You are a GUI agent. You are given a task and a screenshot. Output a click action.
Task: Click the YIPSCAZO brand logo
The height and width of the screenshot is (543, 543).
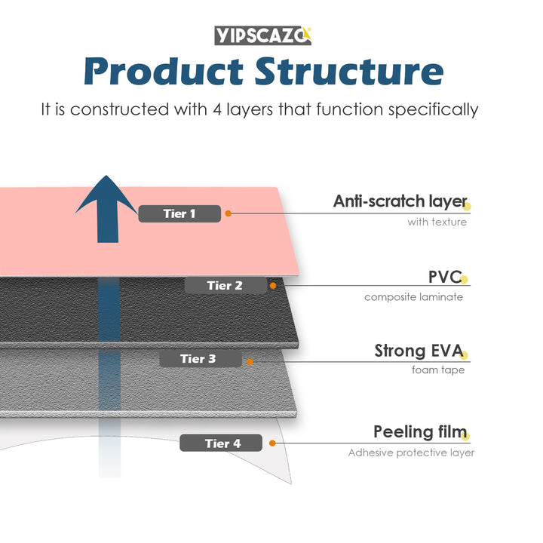(x=262, y=35)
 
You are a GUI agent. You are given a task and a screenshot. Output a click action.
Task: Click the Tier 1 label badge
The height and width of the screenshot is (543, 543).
(x=179, y=213)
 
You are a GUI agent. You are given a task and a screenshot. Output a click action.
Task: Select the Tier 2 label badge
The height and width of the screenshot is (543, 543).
(x=225, y=285)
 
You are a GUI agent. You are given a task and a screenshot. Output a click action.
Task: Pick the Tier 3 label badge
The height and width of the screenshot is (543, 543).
(x=199, y=358)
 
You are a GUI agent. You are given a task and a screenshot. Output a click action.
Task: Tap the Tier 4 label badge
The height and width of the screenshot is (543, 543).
(x=222, y=443)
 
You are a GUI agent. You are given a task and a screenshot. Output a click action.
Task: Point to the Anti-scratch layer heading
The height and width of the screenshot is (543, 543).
(x=399, y=201)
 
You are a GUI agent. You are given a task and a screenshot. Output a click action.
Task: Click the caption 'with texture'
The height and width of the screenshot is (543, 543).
(x=437, y=222)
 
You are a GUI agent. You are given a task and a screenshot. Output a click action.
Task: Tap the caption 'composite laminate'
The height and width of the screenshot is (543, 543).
(x=413, y=296)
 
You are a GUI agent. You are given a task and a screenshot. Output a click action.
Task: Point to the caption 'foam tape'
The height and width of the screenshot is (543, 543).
(x=438, y=370)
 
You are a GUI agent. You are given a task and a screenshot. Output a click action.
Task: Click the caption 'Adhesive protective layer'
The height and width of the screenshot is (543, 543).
(x=411, y=452)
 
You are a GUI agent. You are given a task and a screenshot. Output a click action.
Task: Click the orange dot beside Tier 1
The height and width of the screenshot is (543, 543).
(x=229, y=213)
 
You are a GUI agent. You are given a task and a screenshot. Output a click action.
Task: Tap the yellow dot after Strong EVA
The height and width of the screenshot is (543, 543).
(x=465, y=354)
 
